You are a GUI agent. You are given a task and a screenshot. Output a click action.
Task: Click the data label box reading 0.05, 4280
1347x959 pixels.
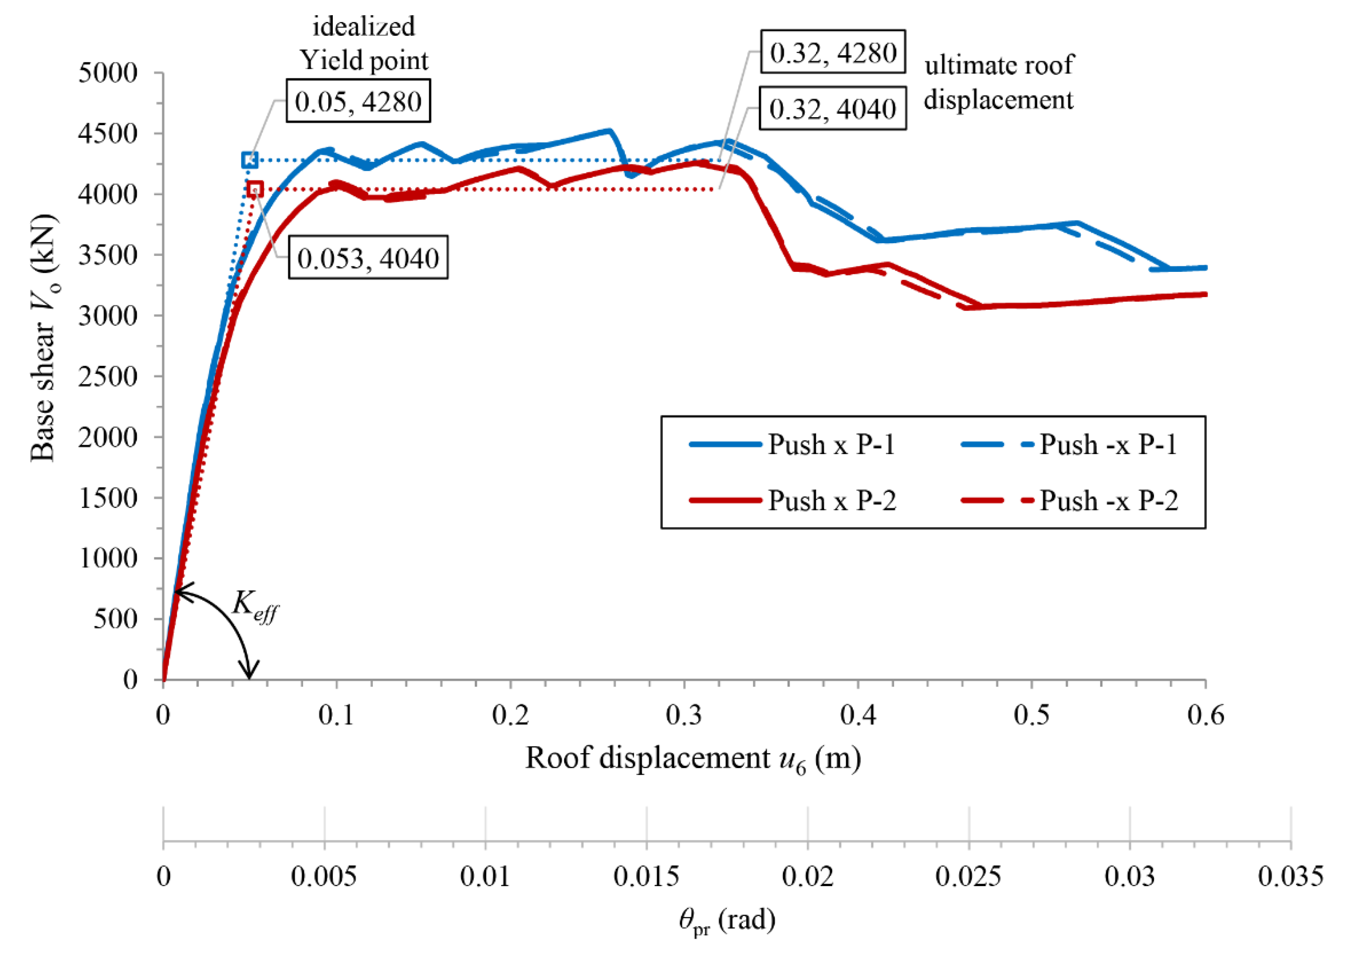click(x=358, y=101)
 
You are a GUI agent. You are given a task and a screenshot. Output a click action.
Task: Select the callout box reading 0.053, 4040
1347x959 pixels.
click(x=368, y=258)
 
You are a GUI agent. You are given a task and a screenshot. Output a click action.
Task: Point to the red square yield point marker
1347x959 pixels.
click(x=254, y=189)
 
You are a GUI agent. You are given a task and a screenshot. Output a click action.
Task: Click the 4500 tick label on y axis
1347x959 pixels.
click(x=107, y=134)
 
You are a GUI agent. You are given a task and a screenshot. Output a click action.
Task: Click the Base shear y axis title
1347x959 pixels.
click(x=44, y=338)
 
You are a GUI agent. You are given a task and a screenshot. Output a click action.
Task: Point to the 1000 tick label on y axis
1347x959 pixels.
click(x=107, y=557)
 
